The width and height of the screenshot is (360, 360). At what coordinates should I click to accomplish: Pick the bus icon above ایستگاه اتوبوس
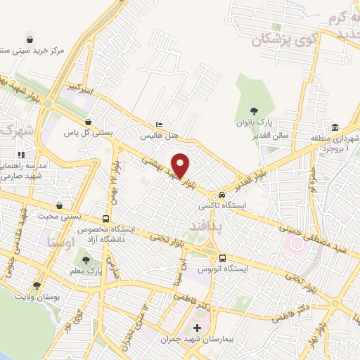pyautogui.click(x=222, y=257)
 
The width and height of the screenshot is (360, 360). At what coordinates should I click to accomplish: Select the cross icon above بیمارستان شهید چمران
pyautogui.click(x=197, y=328)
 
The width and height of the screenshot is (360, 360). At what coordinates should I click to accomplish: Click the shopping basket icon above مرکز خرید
pyautogui.click(x=30, y=39)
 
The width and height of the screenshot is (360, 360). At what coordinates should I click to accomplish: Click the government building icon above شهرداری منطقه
pyautogui.click(x=335, y=128)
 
